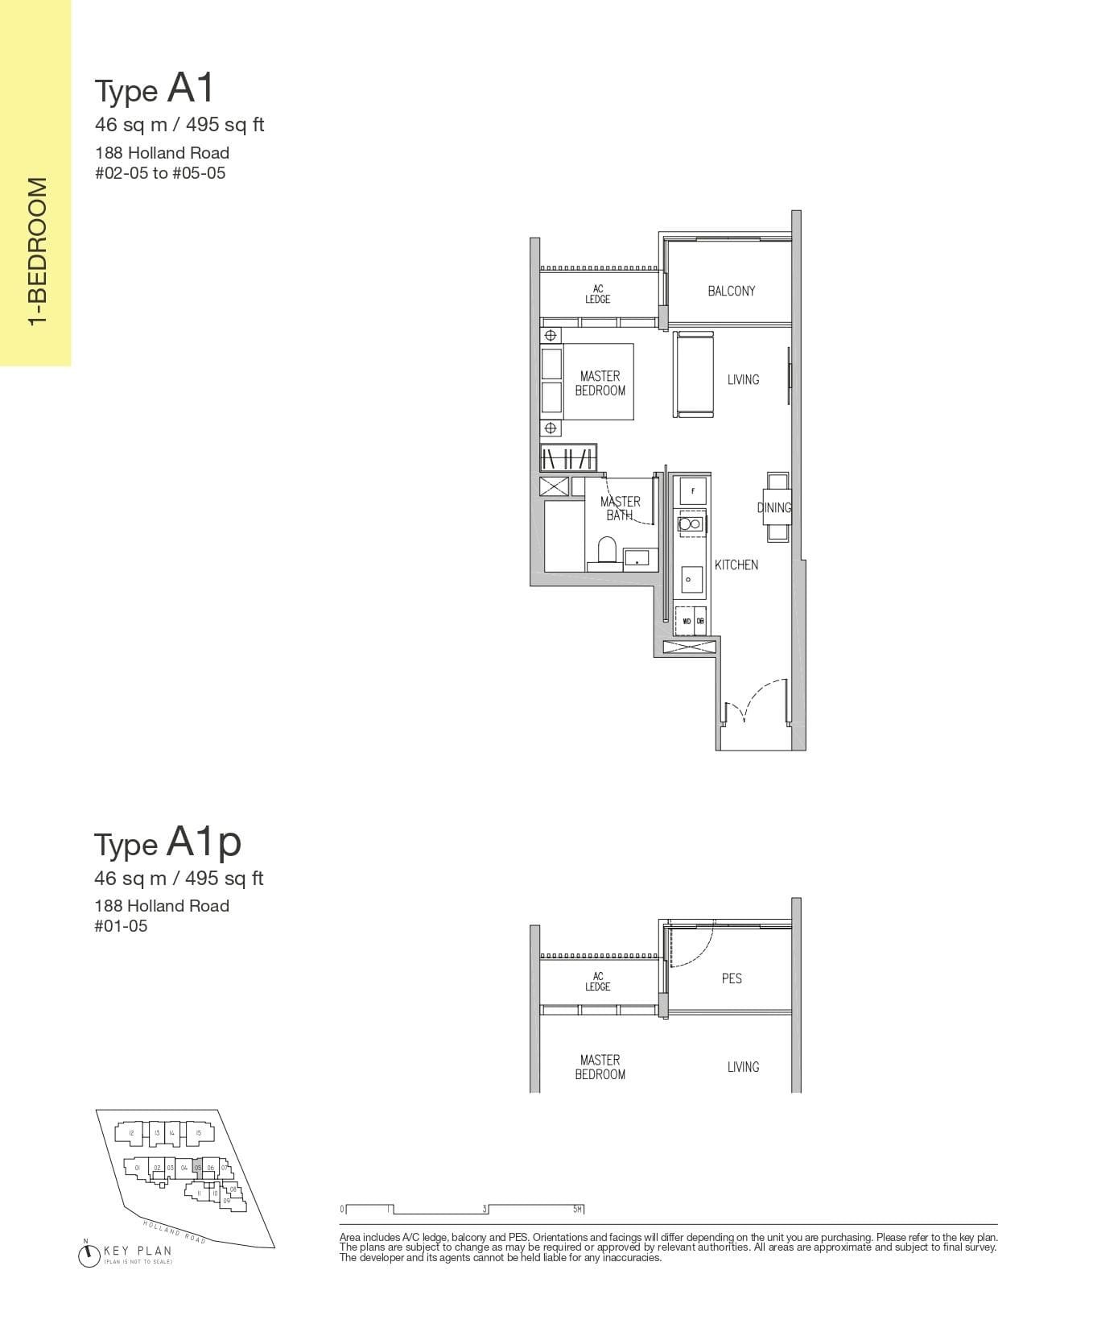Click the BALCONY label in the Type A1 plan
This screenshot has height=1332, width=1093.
731,291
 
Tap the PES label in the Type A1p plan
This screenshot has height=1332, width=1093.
732,978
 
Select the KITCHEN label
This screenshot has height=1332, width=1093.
736,565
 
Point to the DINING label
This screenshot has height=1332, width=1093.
774,507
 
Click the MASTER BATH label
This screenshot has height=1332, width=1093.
620,508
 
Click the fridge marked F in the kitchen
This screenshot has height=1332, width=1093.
693,490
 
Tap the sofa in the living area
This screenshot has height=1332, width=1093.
694,374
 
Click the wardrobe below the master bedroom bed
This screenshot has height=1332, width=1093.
568,457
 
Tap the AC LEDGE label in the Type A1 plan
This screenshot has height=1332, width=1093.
597,294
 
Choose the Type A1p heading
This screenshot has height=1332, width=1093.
167,842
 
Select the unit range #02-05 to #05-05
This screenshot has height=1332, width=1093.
160,173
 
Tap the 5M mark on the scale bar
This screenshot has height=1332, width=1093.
578,1209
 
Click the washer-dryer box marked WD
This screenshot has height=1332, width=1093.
687,621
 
